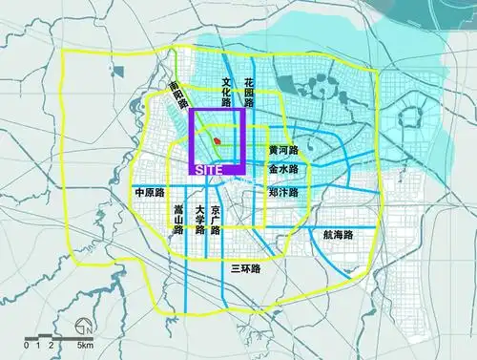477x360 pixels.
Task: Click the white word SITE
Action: (208, 169)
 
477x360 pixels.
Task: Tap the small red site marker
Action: (218, 142)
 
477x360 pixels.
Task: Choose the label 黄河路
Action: (283, 151)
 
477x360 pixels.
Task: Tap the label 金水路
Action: (283, 169)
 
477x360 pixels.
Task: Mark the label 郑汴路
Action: (283, 191)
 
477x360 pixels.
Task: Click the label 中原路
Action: (151, 191)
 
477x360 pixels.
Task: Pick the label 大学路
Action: (199, 221)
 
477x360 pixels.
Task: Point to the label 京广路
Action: (217, 221)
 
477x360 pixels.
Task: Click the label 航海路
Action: (339, 233)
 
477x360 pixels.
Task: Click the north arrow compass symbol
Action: (83, 325)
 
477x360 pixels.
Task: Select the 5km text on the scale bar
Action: (85, 345)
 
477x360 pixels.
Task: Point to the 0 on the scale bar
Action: (27, 345)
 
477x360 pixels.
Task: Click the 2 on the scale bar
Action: (52, 345)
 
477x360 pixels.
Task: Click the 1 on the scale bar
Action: (38, 345)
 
